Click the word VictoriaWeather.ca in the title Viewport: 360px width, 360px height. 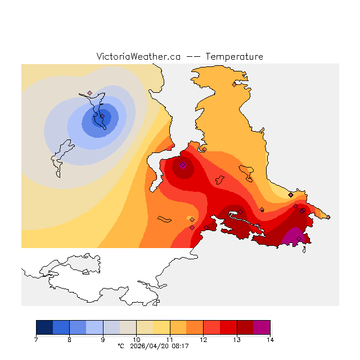[138, 57]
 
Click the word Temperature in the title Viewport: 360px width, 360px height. [234, 57]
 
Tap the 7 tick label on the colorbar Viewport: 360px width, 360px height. [36, 340]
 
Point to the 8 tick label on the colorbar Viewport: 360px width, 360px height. [69, 340]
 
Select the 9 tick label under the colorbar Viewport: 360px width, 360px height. [103, 340]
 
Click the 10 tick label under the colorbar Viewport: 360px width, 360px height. [136, 340]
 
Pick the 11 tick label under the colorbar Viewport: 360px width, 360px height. [170, 340]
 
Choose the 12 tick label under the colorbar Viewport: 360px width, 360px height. [203, 340]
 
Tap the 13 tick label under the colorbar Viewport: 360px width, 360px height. [237, 340]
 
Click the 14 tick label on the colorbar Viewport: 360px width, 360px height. [270, 340]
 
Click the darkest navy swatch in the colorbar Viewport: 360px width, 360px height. [44, 327]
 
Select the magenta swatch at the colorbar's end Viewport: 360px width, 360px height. [262, 327]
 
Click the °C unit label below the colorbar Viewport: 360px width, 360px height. [120, 346]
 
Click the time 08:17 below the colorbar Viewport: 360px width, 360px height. [180, 346]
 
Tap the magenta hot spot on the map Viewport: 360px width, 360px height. [295, 237]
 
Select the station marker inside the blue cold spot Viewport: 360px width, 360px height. [102, 116]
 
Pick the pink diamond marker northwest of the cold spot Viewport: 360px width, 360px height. [89, 93]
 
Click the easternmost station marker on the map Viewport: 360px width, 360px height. [328, 217]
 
